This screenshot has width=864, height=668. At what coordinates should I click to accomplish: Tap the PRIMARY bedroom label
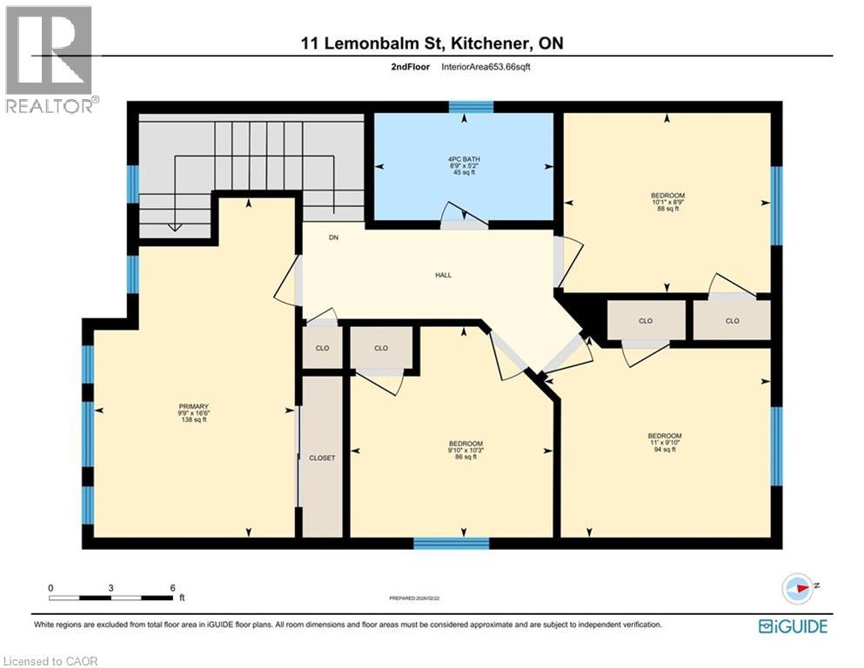pyautogui.click(x=194, y=412)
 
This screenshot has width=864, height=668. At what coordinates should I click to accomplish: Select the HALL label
pyautogui.click(x=444, y=276)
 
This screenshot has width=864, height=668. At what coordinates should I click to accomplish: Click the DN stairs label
pyautogui.click(x=333, y=237)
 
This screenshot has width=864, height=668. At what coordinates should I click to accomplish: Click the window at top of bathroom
pyautogui.click(x=471, y=107)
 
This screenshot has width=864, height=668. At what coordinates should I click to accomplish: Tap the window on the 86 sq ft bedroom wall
pyautogui.click(x=451, y=544)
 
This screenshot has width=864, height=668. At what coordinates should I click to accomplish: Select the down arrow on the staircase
pyautogui.click(x=173, y=225)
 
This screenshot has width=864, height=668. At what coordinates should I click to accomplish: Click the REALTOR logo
pyautogui.click(x=50, y=59)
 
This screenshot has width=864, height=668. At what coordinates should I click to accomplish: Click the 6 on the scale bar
pyautogui.click(x=172, y=587)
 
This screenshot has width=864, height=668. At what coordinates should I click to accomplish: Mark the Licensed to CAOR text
pyautogui.click(x=51, y=661)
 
